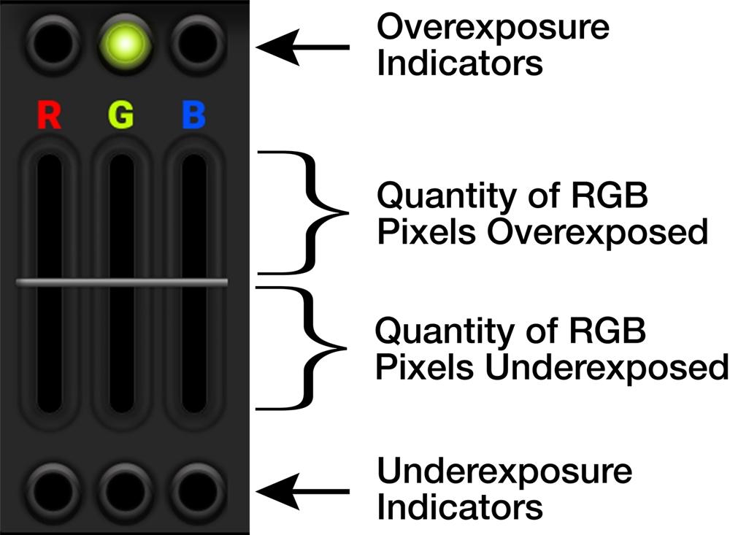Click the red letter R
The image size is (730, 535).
(49, 116)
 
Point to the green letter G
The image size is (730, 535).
(121, 116)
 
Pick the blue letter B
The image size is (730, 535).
(193, 116)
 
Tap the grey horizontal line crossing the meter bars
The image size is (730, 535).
(122, 282)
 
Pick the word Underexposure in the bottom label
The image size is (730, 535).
(504, 472)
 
